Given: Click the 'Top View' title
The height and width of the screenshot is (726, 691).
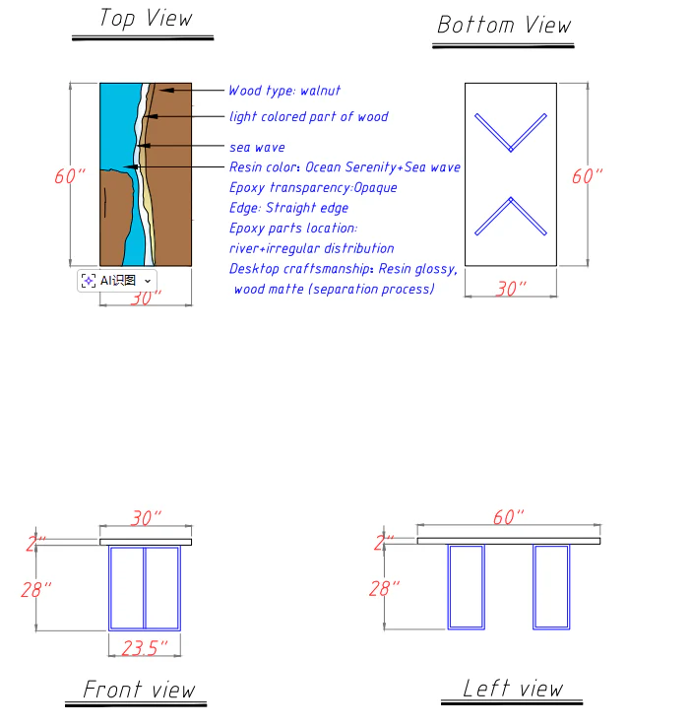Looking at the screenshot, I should click(x=145, y=19).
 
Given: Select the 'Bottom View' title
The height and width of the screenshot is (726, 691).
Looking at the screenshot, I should click(x=503, y=25).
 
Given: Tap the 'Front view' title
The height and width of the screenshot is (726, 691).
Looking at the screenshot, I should click(x=139, y=689).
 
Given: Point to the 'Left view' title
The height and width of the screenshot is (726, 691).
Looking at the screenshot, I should click(x=513, y=688).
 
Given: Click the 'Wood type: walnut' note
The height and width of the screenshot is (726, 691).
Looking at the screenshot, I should click(x=284, y=91).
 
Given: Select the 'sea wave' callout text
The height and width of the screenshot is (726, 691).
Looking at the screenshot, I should click(x=257, y=147).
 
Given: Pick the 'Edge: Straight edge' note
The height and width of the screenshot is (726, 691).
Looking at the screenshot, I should click(x=288, y=208).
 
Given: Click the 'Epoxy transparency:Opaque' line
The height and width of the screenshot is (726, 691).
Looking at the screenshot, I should click(x=313, y=187).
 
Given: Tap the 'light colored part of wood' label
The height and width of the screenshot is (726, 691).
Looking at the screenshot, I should click(x=308, y=116).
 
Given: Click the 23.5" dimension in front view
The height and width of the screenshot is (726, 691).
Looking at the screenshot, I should click(x=144, y=647).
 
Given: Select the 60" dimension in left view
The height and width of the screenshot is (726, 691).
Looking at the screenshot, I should click(x=508, y=517).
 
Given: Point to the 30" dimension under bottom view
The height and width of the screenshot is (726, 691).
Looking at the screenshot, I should click(x=510, y=289).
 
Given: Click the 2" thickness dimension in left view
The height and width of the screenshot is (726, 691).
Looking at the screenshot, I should click(x=384, y=543).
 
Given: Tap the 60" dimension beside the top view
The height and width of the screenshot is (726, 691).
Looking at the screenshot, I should click(x=69, y=176).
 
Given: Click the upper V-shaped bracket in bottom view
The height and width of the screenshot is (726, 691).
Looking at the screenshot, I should click(x=510, y=134).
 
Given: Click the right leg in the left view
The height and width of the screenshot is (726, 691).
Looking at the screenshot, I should click(x=551, y=586).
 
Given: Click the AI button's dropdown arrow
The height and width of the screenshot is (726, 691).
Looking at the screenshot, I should click(x=148, y=281).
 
